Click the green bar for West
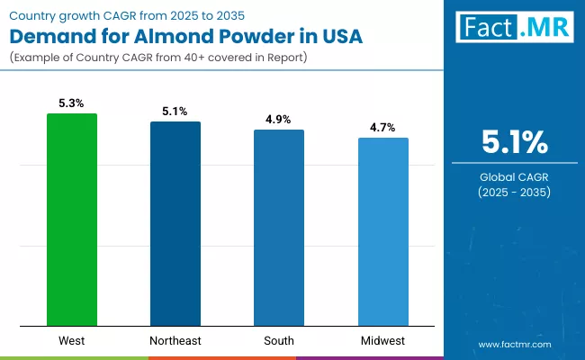[72, 220]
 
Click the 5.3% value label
[72, 103]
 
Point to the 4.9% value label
[279, 120]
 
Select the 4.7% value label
[382, 128]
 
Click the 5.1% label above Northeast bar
[175, 112]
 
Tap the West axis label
[72, 340]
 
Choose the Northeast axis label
[175, 340]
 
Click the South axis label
[279, 340]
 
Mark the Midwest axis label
[382, 340]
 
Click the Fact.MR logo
[513, 27]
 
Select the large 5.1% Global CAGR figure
[513, 142]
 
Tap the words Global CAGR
[513, 176]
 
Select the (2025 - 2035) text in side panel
[513, 193]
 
